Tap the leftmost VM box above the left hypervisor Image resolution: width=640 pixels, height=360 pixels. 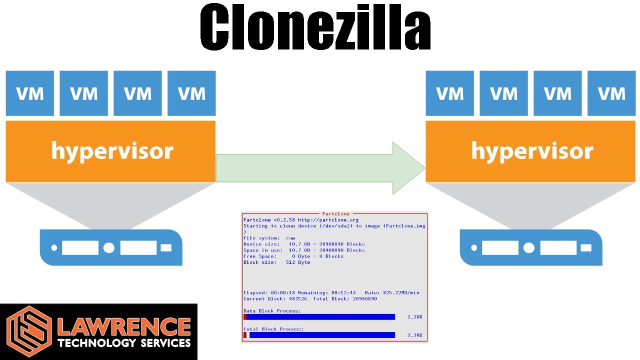[x=30, y=93]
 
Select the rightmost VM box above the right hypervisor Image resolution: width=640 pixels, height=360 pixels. [x=611, y=93]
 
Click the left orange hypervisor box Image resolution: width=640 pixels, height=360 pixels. [x=110, y=151]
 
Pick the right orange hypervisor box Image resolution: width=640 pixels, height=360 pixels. [x=530, y=151]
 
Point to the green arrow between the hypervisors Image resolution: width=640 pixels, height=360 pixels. [x=320, y=168]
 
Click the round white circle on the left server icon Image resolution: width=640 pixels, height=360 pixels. [x=109, y=247]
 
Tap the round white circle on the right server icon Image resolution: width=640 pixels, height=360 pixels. [x=529, y=247]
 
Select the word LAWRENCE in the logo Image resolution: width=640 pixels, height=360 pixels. [x=124, y=327]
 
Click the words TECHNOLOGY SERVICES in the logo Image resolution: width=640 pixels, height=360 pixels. [x=124, y=343]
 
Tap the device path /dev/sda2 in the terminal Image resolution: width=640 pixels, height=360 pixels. [x=330, y=226]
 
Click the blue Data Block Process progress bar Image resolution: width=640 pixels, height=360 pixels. [x=320, y=317]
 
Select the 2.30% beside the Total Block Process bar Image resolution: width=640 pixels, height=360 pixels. [x=414, y=335]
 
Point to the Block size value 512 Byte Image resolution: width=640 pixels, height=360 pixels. [x=298, y=262]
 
